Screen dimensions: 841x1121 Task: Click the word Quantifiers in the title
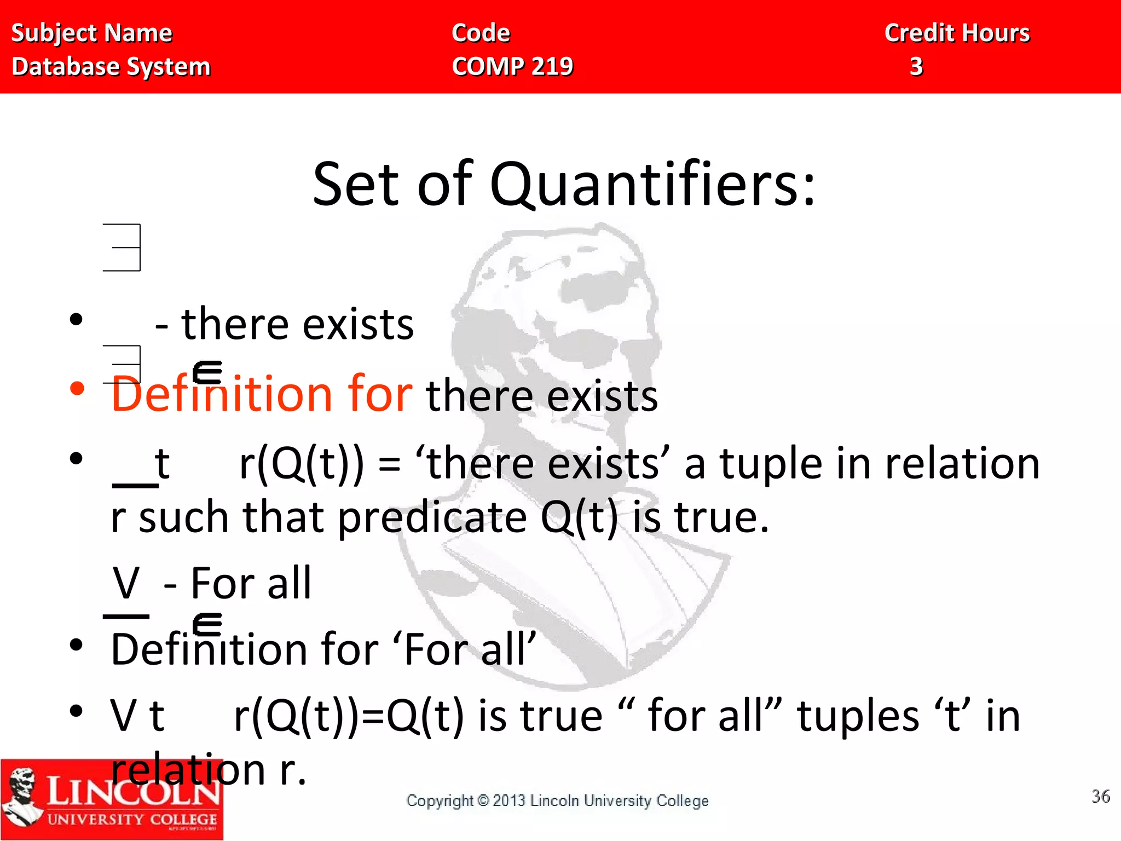point(651,185)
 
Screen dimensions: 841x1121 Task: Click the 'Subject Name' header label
point(91,33)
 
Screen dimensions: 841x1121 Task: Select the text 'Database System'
point(111,67)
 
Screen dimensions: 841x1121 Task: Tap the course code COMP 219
point(512,67)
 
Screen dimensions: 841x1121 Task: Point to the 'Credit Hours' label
point(957,33)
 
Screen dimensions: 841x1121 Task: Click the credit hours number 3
point(916,67)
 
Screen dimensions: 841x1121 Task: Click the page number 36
point(1100,796)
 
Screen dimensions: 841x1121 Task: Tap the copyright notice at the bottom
point(557,800)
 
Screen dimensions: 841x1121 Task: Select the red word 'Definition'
point(221,394)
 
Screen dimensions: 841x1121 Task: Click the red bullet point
point(77,389)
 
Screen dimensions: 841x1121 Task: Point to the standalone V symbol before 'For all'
point(126,583)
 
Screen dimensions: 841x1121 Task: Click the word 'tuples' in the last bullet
point(858,716)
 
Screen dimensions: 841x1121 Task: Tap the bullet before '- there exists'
point(77,319)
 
